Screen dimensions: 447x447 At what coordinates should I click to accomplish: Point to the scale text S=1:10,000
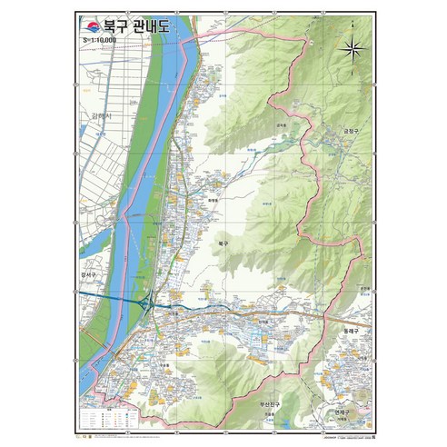(x=100, y=42)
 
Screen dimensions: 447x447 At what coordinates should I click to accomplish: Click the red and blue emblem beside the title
(x=92, y=25)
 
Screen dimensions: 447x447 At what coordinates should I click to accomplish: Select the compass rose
(x=354, y=51)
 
